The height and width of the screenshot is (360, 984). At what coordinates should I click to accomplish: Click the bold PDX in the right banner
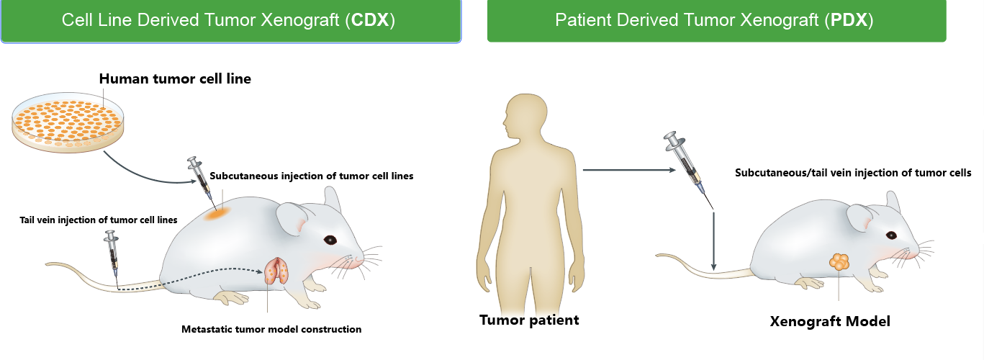(848, 20)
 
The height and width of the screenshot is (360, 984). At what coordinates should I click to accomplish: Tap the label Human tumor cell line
(175, 78)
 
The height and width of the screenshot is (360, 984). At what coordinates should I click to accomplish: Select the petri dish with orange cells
(68, 122)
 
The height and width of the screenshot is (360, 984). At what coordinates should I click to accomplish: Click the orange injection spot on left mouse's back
(218, 214)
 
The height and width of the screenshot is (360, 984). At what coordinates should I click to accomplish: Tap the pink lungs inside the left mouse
(276, 271)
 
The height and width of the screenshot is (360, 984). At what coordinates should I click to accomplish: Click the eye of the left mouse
(330, 240)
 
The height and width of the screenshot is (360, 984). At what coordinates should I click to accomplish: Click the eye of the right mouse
(891, 235)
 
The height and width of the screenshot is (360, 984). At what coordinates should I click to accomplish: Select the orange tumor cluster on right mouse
(839, 262)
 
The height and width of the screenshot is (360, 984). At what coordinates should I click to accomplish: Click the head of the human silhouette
(525, 115)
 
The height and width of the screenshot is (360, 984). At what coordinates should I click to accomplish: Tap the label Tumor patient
(529, 320)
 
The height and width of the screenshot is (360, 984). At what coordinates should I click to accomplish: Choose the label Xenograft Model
(830, 321)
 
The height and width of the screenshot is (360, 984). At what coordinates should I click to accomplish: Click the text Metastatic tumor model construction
(271, 329)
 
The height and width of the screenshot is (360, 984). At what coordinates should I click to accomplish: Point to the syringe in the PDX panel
(687, 168)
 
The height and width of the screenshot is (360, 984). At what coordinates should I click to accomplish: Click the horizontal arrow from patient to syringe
(629, 170)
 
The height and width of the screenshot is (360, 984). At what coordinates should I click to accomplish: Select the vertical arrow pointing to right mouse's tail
(713, 241)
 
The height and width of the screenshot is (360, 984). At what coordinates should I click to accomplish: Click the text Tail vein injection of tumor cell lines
(99, 220)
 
